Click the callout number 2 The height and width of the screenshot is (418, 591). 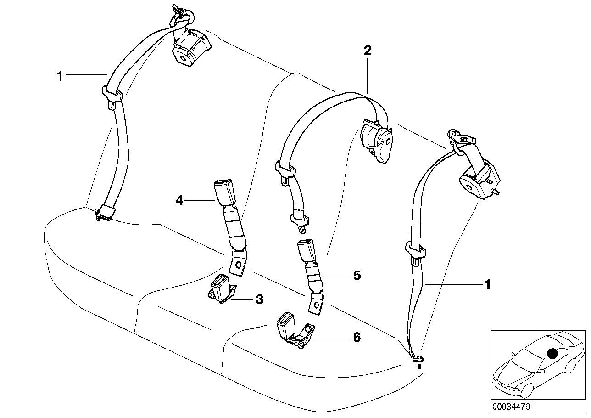coord(367,51)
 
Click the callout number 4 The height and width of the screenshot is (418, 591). coord(179,201)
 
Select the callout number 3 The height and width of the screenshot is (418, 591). coord(259,300)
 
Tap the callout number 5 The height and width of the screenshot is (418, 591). coord(357,276)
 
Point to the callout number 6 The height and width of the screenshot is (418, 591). coord(356,338)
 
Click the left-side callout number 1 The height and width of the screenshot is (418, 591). coord(60,76)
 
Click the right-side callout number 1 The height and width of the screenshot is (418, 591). coord(487,285)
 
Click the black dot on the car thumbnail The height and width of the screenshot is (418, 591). coord(552,353)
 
